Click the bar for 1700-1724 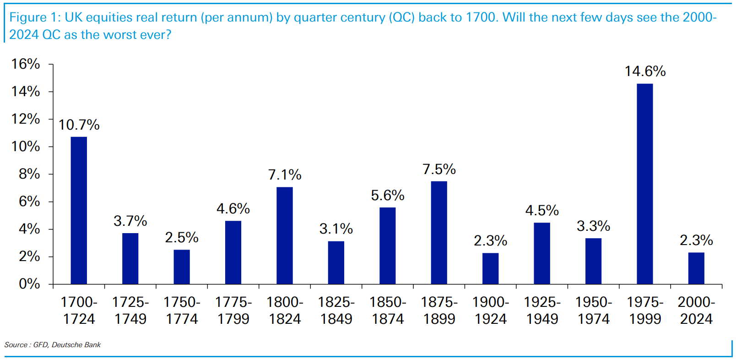[x=79, y=211]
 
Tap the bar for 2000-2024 [x=696, y=268]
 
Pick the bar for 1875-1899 [x=439, y=233]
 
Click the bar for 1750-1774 [x=182, y=267]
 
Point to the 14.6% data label [x=645, y=71]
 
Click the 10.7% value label [x=79, y=125]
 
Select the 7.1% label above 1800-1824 [x=285, y=175]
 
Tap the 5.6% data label [x=388, y=196]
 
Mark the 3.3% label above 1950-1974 [x=593, y=226]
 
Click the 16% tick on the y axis [x=26, y=64]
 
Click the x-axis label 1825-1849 [x=336, y=311]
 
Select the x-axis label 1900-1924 [x=491, y=311]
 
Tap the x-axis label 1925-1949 [x=542, y=311]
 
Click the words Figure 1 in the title [x=35, y=17]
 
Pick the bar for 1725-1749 [x=130, y=259]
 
